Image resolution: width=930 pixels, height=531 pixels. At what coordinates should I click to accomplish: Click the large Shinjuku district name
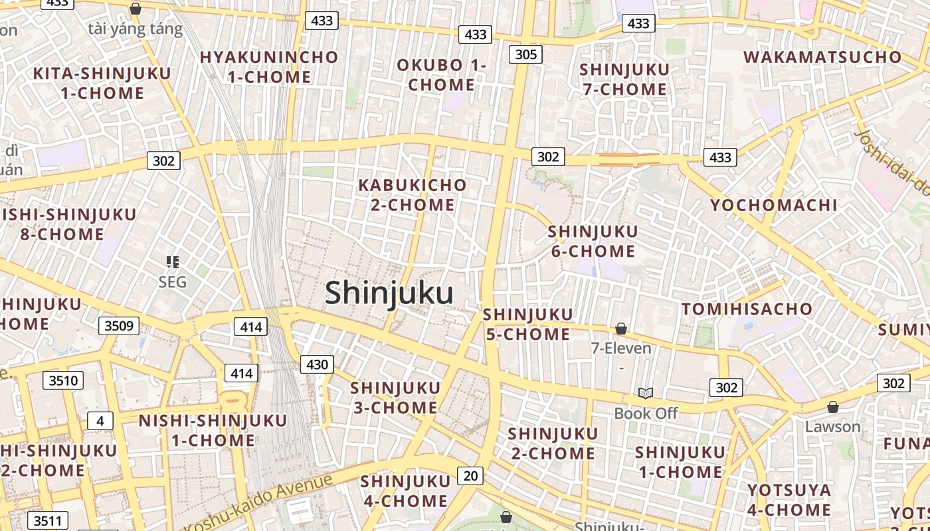(x=389, y=293)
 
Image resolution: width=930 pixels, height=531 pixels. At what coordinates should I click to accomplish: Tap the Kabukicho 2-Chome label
(x=413, y=194)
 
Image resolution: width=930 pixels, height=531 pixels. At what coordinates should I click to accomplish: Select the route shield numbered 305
(x=525, y=54)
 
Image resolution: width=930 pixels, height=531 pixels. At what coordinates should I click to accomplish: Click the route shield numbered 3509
(x=119, y=325)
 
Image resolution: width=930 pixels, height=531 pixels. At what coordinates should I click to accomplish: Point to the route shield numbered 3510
(x=63, y=380)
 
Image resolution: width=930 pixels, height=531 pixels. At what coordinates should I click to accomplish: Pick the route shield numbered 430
(x=317, y=364)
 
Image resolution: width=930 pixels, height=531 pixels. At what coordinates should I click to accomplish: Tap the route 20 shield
(x=470, y=475)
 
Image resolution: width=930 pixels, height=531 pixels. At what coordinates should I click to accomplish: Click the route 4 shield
(x=100, y=420)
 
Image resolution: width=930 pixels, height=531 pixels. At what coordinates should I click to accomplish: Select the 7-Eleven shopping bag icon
(x=621, y=329)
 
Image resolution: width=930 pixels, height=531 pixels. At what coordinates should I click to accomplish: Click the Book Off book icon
(x=646, y=393)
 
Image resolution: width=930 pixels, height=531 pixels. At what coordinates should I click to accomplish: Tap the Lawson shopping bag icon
(x=832, y=407)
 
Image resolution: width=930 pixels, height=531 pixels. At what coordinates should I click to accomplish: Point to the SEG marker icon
(x=173, y=262)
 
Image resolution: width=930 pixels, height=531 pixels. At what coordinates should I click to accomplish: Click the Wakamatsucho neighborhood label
(x=823, y=56)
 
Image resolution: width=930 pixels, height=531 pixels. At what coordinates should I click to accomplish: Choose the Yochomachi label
(x=774, y=205)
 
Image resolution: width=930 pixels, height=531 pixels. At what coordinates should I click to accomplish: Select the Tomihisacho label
(x=747, y=309)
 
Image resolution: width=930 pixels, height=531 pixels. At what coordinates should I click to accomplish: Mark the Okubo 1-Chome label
(x=442, y=75)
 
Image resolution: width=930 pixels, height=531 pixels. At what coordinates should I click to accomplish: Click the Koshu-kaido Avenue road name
(x=258, y=500)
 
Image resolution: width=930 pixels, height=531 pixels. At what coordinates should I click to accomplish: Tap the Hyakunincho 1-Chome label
(x=269, y=67)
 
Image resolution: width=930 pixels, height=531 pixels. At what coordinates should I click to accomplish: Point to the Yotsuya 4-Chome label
(x=789, y=500)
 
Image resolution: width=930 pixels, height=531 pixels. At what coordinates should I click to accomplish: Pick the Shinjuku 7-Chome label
(x=624, y=79)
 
